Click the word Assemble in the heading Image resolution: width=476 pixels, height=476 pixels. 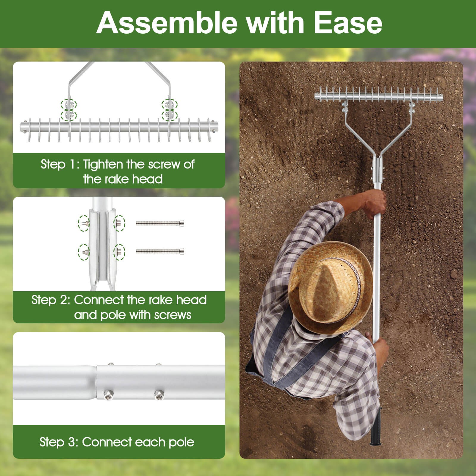click(x=167, y=23)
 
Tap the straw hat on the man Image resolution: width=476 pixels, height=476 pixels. click(x=330, y=287)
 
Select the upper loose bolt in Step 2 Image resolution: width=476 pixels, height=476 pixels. click(x=160, y=223)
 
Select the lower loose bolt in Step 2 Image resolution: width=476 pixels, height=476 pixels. click(x=160, y=251)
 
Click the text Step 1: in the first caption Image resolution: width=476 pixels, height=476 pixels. click(x=59, y=165)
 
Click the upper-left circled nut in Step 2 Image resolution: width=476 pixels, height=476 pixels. click(x=84, y=223)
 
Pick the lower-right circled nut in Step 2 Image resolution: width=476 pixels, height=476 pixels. click(x=119, y=252)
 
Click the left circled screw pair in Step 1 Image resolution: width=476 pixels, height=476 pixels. click(x=69, y=110)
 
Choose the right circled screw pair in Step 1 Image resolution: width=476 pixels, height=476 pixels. click(x=169, y=110)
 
